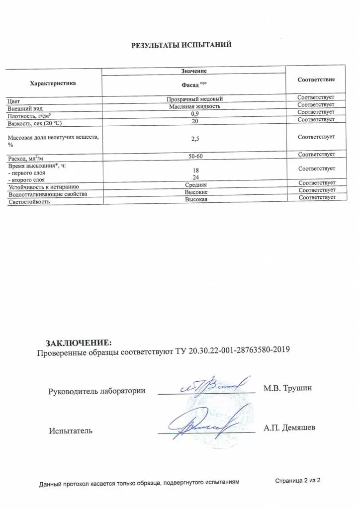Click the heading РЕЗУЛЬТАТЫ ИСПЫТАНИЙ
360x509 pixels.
click(x=181, y=45)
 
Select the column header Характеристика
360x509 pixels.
click(x=53, y=83)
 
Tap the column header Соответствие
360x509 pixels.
click(x=316, y=80)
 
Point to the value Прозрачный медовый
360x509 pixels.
click(x=194, y=99)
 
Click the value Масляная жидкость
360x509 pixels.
click(x=194, y=106)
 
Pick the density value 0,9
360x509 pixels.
click(x=195, y=114)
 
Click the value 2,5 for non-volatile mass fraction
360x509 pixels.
click(x=195, y=140)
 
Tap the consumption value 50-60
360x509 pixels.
click(x=195, y=157)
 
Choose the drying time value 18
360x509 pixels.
click(x=195, y=170)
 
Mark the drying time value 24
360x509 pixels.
click(x=195, y=177)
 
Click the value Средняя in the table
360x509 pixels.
click(x=195, y=185)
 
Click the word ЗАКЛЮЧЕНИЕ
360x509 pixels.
click(x=79, y=343)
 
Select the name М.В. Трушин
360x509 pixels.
click(x=287, y=388)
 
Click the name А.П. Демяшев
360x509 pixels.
click(x=288, y=427)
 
